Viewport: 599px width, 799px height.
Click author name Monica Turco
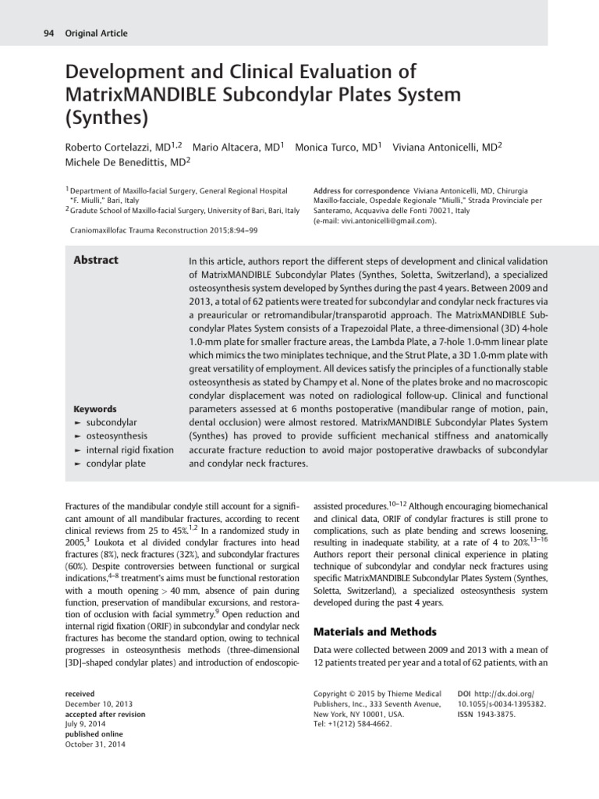point(331,147)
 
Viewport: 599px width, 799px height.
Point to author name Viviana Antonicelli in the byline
point(439,147)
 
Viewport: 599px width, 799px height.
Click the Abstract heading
point(96,261)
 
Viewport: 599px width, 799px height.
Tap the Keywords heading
point(94,409)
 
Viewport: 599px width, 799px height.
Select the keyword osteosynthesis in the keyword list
point(117,436)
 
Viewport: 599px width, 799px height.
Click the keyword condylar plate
point(115,463)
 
